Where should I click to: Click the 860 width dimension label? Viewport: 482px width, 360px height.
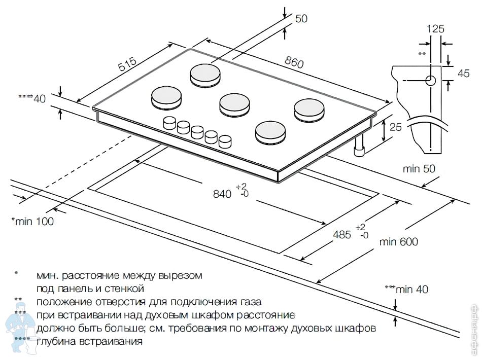tap(294, 62)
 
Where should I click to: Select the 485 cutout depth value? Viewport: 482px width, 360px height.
tap(343, 234)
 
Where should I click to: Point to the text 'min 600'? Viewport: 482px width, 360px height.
tap(399, 242)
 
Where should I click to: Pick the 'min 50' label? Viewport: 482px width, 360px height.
tap(419, 169)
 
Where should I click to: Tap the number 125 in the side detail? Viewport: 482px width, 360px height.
tap(435, 29)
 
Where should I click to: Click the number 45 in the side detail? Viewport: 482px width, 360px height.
tap(464, 73)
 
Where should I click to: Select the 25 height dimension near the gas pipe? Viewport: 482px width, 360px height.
tap(395, 127)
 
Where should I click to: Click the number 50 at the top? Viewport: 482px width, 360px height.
tap(301, 19)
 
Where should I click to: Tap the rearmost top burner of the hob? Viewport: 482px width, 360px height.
tap(206, 75)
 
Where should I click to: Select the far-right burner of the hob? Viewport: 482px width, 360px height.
tap(308, 109)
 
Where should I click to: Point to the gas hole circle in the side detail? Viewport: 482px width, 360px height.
tap(431, 80)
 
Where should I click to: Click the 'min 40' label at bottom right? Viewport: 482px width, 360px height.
tap(412, 290)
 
